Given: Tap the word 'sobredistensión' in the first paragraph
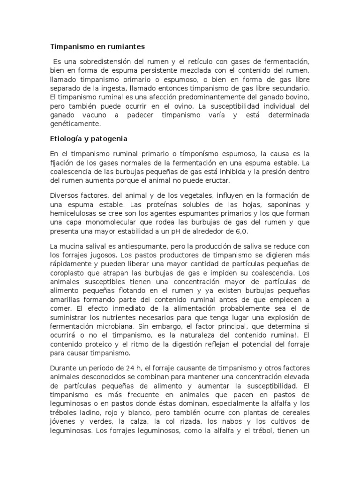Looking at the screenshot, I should (111, 62).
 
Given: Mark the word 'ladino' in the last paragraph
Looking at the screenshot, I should (92, 405).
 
